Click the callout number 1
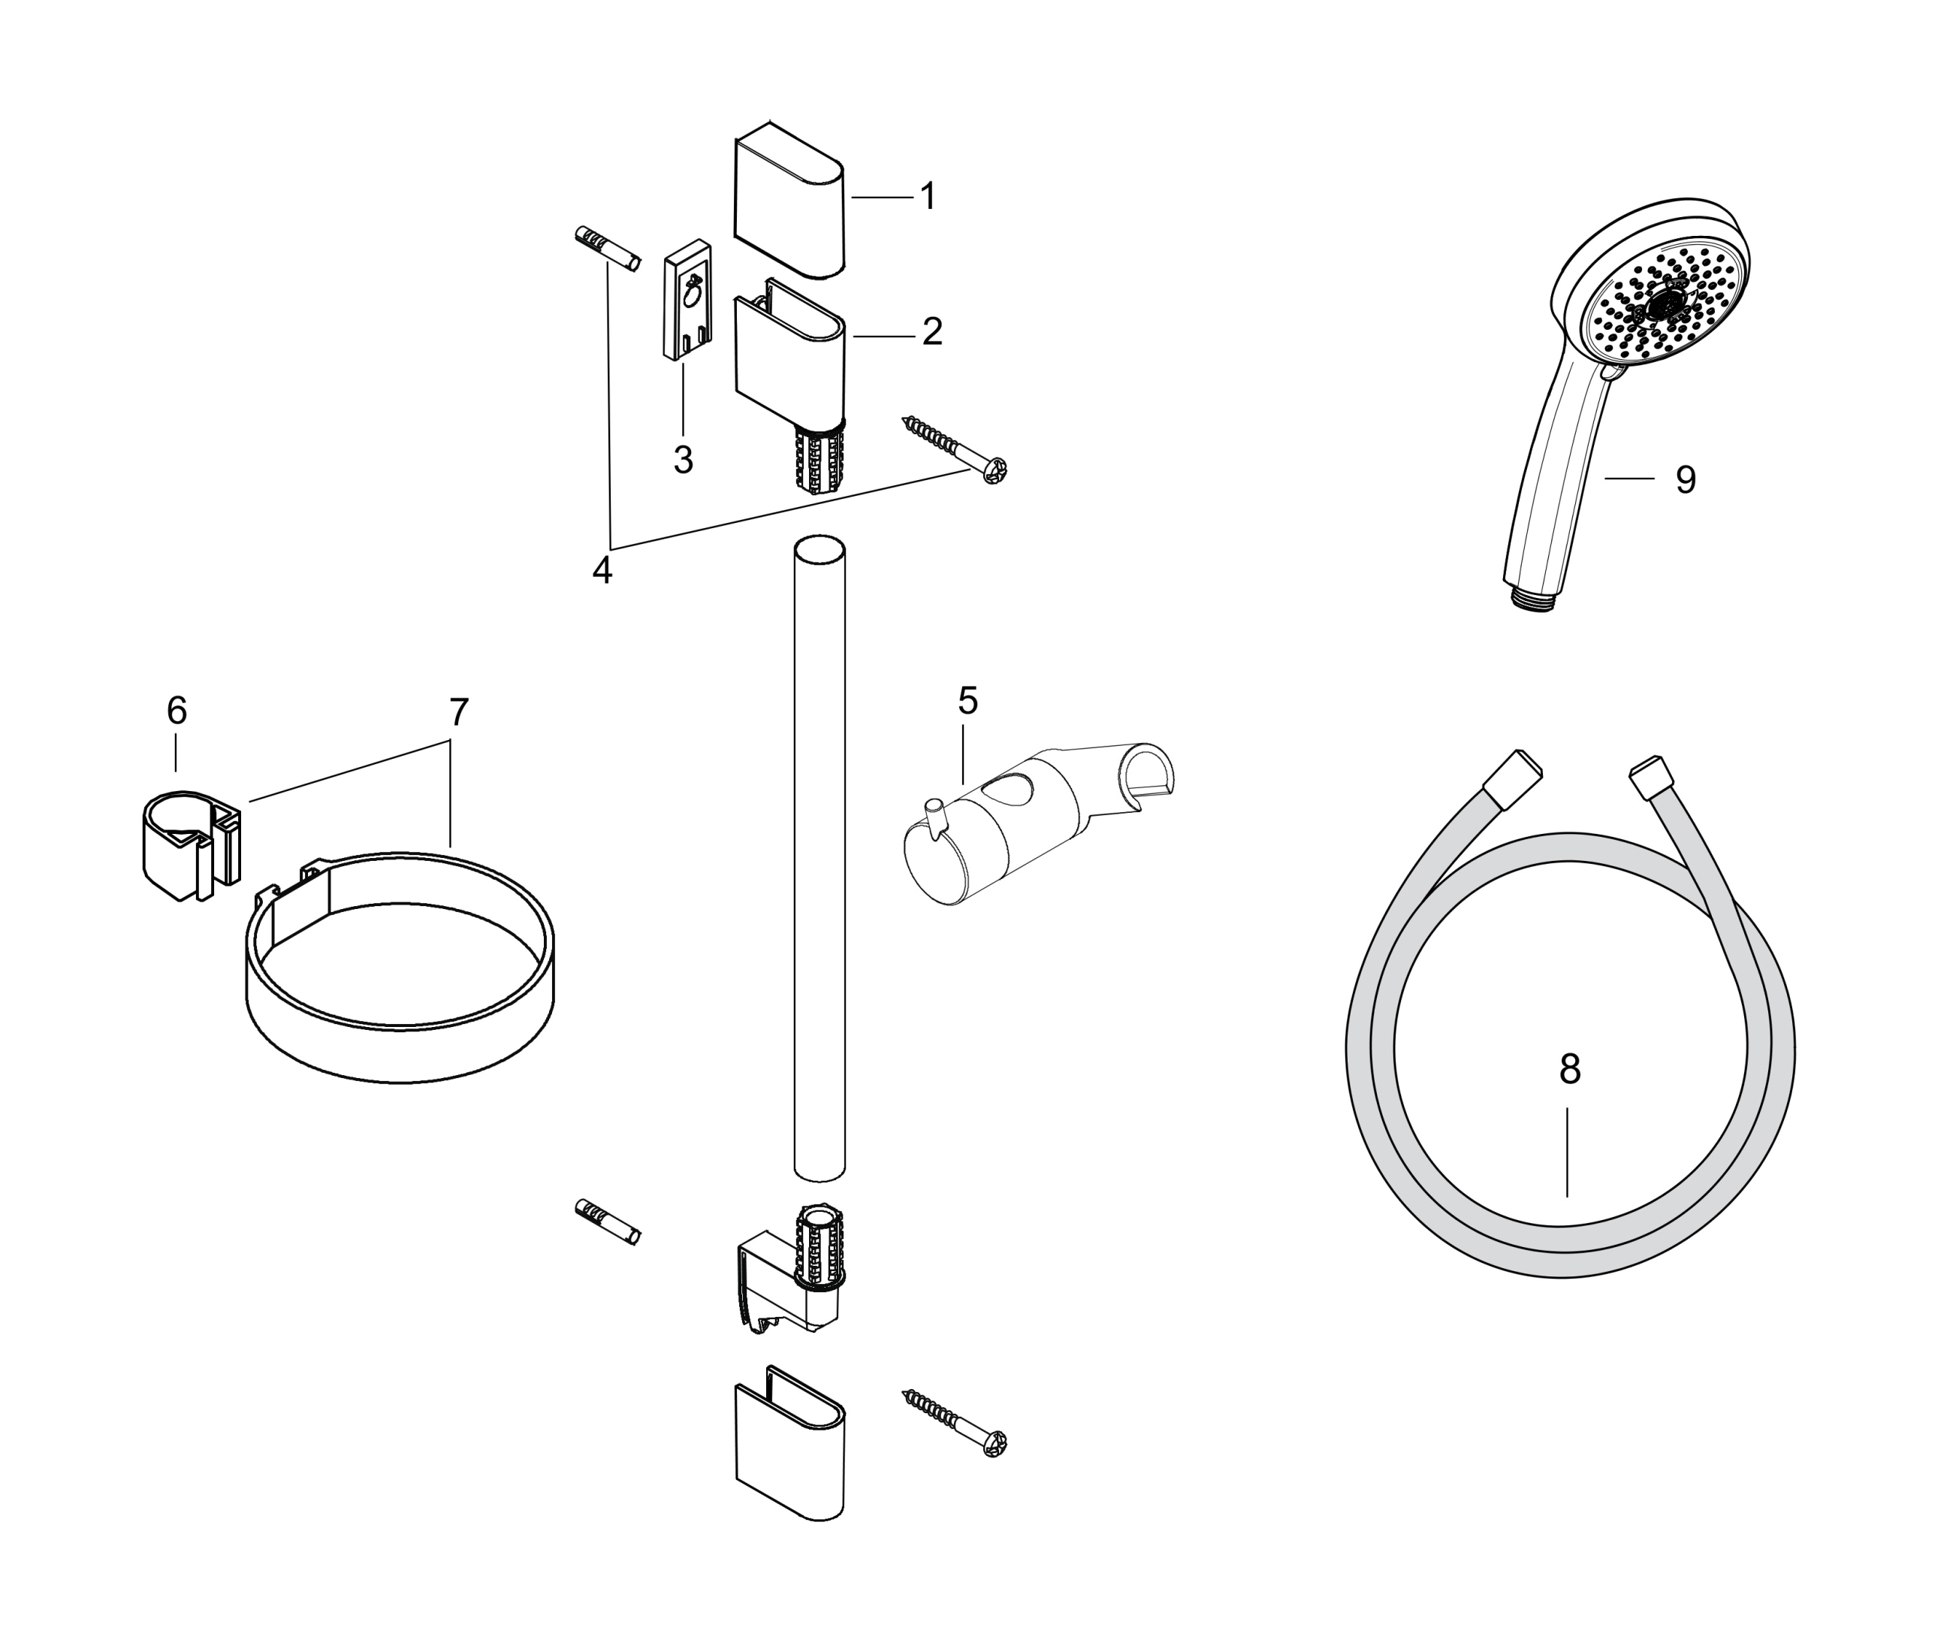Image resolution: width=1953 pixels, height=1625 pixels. [927, 196]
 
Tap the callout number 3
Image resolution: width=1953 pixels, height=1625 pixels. [684, 460]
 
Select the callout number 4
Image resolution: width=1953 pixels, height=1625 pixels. [602, 570]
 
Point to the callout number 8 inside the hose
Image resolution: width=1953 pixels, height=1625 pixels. [1570, 1070]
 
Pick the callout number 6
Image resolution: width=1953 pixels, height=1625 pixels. [177, 711]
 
